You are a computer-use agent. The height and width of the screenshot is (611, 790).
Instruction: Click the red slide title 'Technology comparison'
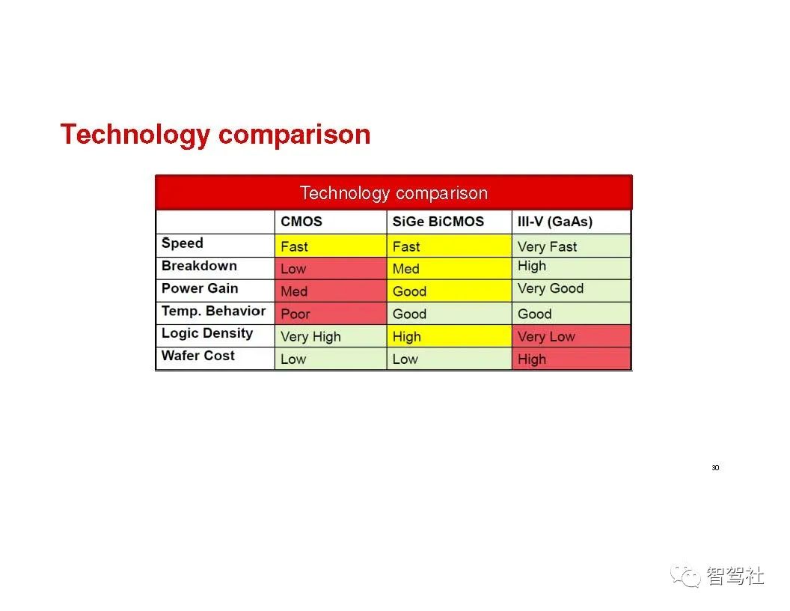point(215,135)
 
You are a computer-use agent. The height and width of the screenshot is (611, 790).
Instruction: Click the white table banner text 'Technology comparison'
point(394,193)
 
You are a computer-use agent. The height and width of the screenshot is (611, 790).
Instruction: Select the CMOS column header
point(301,222)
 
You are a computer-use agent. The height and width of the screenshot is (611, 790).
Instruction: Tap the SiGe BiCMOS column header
point(438,222)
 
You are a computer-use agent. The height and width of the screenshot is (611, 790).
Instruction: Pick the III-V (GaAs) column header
point(555,222)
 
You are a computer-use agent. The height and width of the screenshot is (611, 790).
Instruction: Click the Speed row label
point(183,243)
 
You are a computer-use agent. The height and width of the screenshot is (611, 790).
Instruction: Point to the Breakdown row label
point(199,266)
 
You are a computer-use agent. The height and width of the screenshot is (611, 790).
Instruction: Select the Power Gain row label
point(200,288)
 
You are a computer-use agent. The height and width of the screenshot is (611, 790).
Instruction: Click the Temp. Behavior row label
point(214,311)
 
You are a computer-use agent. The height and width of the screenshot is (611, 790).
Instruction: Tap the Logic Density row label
point(207,333)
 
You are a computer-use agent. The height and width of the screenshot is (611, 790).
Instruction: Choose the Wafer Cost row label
point(198,356)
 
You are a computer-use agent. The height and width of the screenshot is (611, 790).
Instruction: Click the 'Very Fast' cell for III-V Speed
point(547,247)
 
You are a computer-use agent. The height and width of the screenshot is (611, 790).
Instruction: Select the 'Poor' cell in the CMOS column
point(296,314)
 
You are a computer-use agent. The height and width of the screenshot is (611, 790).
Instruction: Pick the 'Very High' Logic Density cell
point(311,337)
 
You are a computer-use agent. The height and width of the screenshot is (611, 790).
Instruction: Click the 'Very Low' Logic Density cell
point(546,337)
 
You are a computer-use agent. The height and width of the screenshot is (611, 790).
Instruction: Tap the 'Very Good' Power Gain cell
point(551,288)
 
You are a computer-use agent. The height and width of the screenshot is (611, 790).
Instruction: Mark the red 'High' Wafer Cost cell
point(532,359)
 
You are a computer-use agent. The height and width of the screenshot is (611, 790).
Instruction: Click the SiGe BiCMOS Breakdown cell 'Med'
point(406,270)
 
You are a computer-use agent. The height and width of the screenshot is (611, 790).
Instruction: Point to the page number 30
point(715,468)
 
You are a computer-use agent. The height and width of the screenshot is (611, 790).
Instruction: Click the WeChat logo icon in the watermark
point(685,576)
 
